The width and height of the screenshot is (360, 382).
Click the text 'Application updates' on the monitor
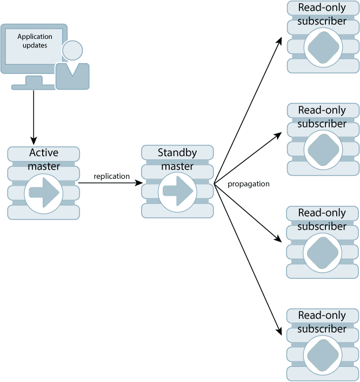[35, 41]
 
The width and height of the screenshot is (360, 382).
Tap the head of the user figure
[72, 51]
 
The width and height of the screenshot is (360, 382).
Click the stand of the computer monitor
[34, 83]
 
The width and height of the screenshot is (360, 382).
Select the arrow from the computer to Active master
[34, 116]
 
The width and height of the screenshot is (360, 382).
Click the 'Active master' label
[43, 159]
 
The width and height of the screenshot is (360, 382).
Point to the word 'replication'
[111, 176]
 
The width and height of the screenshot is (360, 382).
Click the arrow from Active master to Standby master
[111, 183]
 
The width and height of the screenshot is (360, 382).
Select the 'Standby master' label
[177, 159]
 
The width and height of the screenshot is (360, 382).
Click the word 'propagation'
[248, 184]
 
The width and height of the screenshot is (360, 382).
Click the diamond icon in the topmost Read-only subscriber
[323, 47]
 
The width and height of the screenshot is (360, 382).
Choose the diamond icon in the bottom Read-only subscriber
[323, 355]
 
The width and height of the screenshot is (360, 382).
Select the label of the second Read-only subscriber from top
[322, 117]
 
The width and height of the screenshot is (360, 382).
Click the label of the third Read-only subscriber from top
[322, 219]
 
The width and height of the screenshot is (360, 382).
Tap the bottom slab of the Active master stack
[43, 212]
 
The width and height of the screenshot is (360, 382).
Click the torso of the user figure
[72, 77]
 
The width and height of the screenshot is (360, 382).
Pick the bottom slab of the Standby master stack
[177, 211]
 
